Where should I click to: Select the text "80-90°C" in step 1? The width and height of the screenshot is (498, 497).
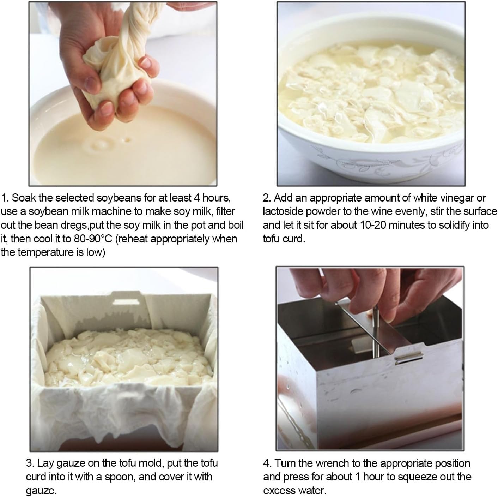(93, 239)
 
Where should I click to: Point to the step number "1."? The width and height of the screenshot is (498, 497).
(5, 198)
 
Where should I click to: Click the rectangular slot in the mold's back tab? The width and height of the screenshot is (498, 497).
(123, 302)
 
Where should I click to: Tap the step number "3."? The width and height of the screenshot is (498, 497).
(30, 463)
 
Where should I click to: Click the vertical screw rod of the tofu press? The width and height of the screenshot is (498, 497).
(376, 331)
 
